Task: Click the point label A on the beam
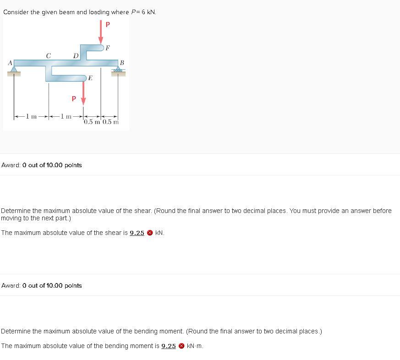point(10,63)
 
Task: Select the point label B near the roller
point(122,63)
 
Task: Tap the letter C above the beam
point(49,55)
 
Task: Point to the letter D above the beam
point(76,55)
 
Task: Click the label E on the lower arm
point(90,78)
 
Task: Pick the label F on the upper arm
point(108,48)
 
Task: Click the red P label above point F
point(108,24)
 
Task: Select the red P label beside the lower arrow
point(74,98)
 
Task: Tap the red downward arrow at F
point(101,32)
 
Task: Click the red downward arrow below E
point(83,93)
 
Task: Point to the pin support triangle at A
point(14,69)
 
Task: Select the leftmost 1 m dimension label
point(31,116)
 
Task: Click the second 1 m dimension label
point(66,116)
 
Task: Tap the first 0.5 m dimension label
point(92,122)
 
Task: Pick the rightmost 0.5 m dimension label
point(111,122)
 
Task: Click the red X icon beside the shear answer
point(150,233)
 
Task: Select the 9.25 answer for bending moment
point(168,346)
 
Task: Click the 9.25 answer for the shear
point(137,233)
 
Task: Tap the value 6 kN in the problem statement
point(148,12)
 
